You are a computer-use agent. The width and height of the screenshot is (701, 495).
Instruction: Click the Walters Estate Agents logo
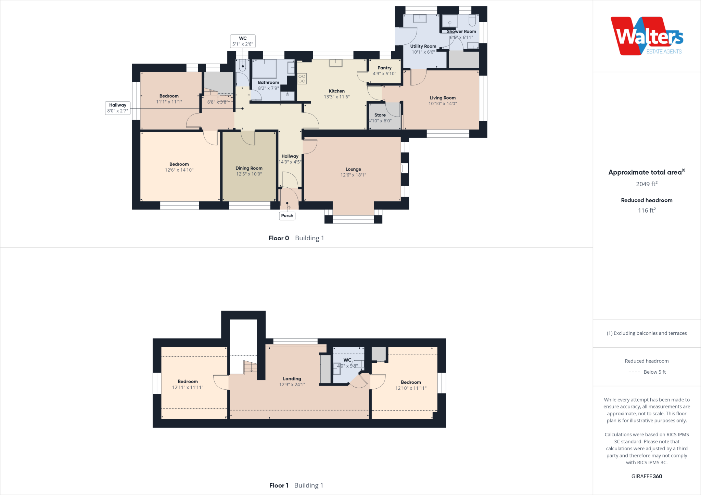point(647,36)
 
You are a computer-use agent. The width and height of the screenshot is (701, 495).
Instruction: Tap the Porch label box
point(287,216)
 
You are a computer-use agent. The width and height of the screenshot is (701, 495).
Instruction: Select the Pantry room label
point(384,68)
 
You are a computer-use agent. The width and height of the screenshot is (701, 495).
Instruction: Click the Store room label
point(380,115)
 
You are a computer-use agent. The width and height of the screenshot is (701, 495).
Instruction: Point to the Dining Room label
point(249,168)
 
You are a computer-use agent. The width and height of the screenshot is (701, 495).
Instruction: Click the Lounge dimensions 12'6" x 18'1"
point(353,175)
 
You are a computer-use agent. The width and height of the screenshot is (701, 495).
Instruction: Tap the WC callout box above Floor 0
point(243,41)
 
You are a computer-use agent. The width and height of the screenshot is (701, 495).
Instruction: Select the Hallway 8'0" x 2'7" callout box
point(117,108)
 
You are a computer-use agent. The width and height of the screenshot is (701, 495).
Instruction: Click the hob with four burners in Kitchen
point(302,79)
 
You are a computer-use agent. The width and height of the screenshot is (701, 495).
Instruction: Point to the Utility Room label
point(423,46)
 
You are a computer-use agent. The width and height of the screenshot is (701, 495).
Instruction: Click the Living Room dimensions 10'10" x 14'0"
point(443,104)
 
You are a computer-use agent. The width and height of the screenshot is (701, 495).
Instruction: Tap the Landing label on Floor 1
point(292,379)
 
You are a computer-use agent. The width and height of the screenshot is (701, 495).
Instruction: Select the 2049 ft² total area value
point(647,184)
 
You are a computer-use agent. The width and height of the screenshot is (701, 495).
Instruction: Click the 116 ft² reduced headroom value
point(647,210)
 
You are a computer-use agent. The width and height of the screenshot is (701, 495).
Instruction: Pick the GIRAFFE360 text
point(647,476)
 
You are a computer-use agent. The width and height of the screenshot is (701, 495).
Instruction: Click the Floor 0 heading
point(279,238)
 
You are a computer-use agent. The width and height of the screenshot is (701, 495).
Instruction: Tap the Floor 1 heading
point(279,485)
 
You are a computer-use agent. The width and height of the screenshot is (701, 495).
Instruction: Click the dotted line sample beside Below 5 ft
point(634,372)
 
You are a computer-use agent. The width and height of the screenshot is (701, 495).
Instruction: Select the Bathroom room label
point(268,82)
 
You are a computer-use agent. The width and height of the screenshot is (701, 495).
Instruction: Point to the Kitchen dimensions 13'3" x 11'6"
point(337,97)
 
